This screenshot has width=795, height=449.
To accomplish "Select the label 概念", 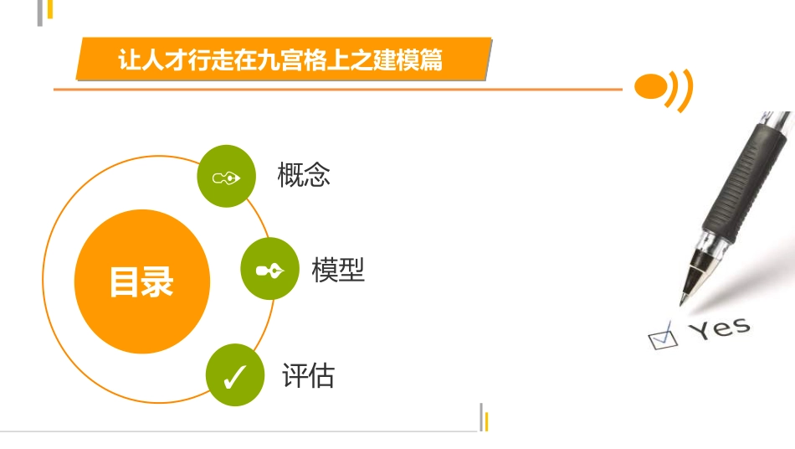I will (304, 175).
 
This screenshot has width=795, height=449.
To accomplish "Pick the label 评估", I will (308, 375).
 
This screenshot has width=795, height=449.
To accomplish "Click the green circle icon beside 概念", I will (226, 176).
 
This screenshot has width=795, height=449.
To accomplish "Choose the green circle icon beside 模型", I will (269, 269).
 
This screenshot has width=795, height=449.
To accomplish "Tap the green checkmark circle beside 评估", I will (235, 375).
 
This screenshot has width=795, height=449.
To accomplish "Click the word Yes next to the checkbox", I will (719, 328).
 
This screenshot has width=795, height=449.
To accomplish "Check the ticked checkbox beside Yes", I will (662, 338).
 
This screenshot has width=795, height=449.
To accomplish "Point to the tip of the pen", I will (683, 298).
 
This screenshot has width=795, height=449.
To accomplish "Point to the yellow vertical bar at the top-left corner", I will (49, 9).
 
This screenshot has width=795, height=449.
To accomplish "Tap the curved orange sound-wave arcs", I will (681, 89).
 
